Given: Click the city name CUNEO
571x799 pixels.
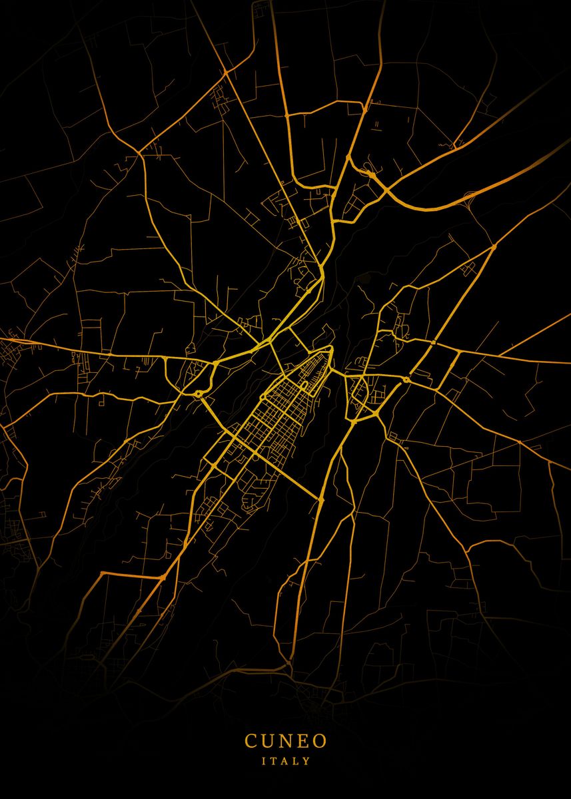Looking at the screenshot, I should (285, 740).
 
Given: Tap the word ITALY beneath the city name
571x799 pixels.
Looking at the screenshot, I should (286, 760).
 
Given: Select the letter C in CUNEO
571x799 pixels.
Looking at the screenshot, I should (251, 740).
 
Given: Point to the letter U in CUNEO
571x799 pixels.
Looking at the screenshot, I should (267, 740).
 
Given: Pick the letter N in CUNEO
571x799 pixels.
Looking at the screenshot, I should (285, 740).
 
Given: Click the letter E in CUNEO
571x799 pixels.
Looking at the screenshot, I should (302, 740).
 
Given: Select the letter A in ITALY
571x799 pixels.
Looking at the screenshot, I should (285, 760).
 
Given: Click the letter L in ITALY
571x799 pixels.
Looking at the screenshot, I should (296, 760).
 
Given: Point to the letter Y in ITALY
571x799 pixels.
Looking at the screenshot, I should (307, 760).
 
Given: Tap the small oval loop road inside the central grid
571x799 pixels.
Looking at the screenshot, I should (304, 385).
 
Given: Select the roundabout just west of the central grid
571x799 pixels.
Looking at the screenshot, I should (199, 394).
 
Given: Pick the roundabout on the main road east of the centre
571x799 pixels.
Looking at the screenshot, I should (406, 380).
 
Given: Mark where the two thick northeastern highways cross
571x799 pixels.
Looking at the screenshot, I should (386, 191).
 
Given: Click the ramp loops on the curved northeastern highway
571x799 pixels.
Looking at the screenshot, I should (366, 172).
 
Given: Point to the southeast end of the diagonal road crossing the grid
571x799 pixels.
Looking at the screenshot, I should (321, 498).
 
